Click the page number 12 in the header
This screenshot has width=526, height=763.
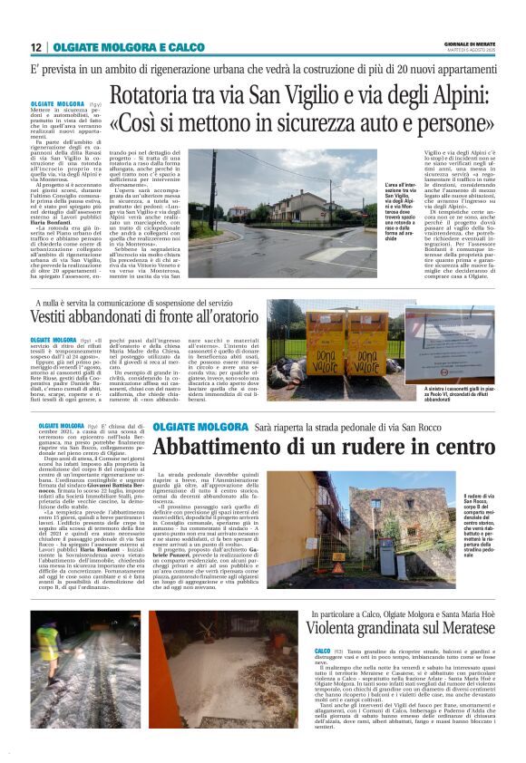(x=36, y=47)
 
